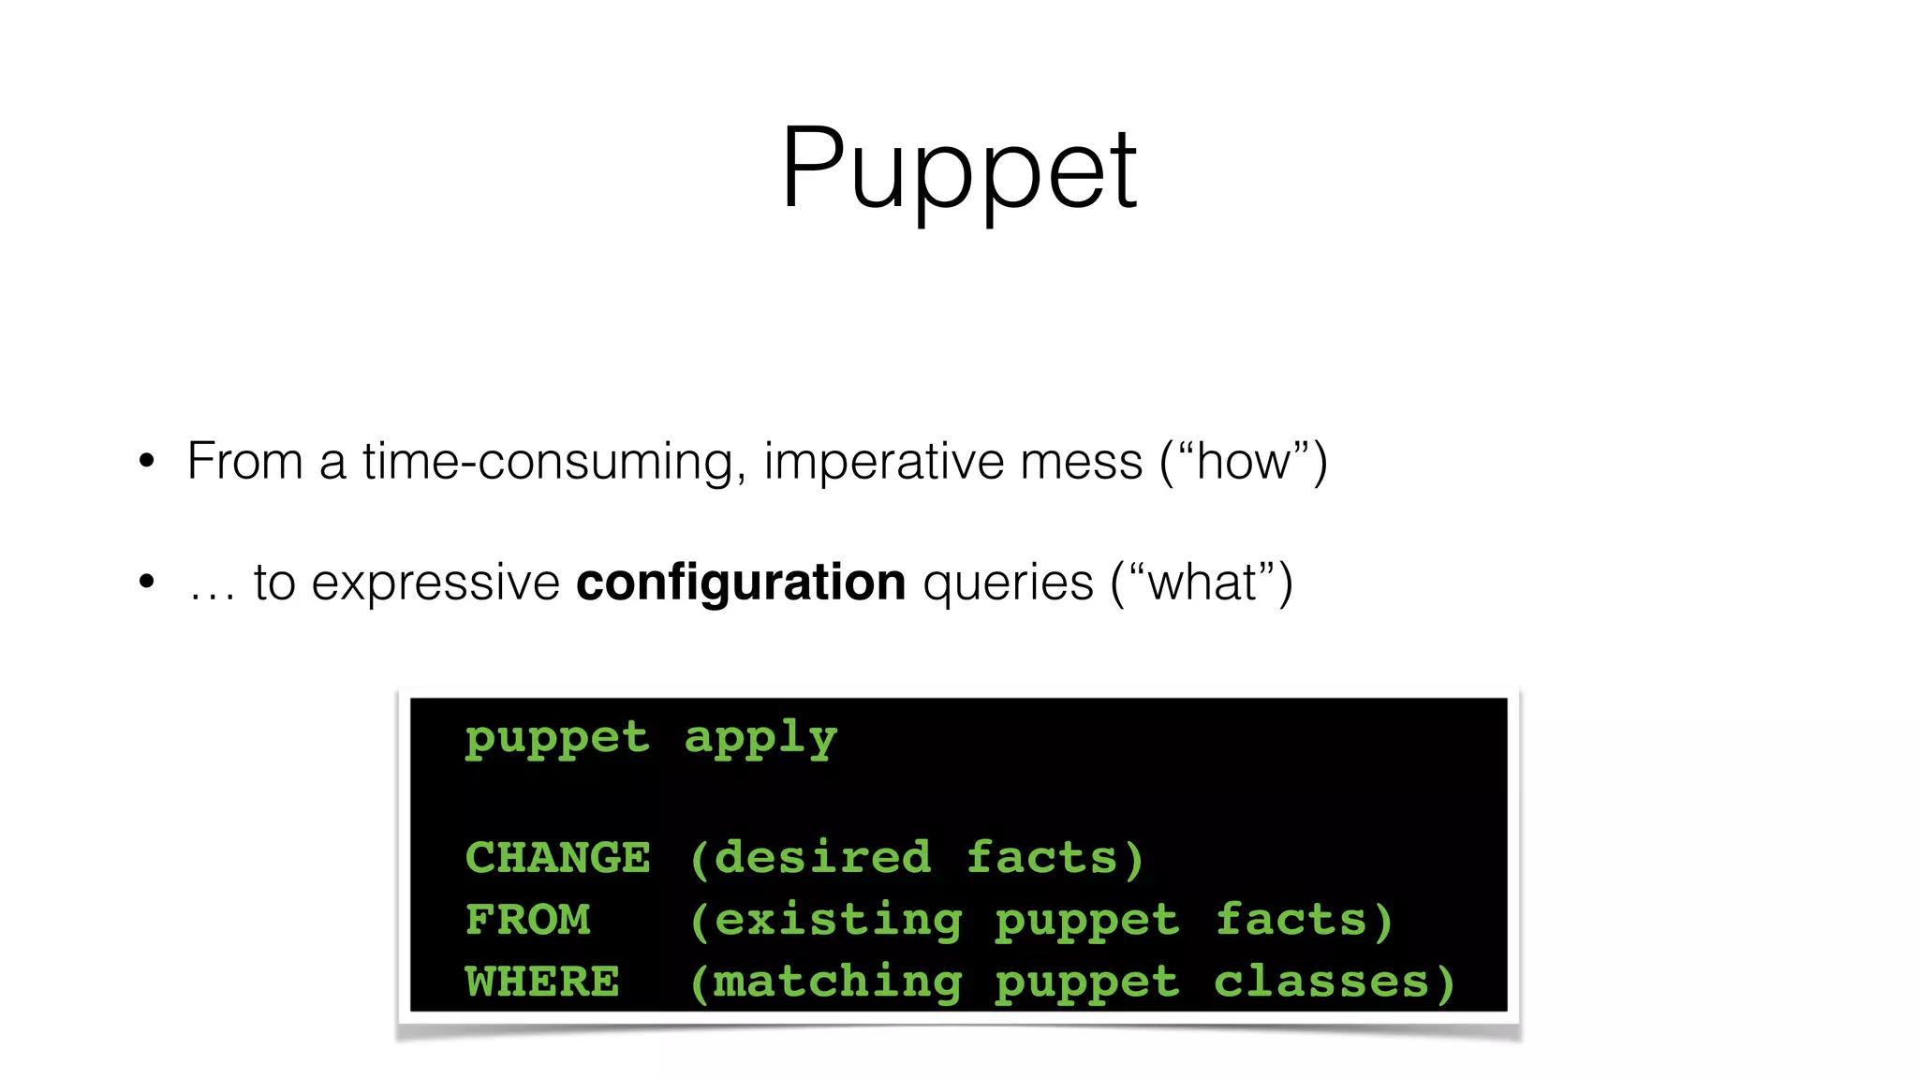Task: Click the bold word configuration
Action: click(740, 583)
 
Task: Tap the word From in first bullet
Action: click(245, 461)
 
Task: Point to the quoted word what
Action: click(1202, 583)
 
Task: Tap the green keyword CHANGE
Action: click(557, 858)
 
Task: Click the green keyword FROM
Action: click(527, 920)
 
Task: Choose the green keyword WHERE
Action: click(542, 982)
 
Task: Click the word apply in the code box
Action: click(760, 739)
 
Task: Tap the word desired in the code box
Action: click(821, 858)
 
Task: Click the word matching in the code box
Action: click(837, 983)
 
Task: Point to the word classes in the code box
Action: click(1320, 982)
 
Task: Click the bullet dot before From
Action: click(146, 461)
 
